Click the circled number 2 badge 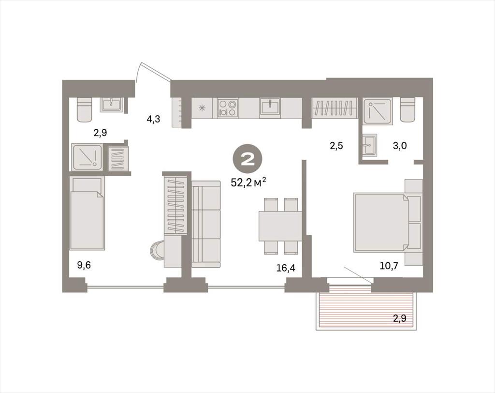pyautogui.click(x=248, y=161)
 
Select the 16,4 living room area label pyautogui.click(x=286, y=268)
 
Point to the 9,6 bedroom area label pyautogui.click(x=84, y=265)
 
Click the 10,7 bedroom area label pyautogui.click(x=389, y=266)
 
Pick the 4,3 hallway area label pyautogui.click(x=153, y=119)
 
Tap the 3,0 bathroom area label pyautogui.click(x=400, y=146)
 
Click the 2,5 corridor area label pyautogui.click(x=336, y=146)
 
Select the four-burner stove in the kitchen pyautogui.click(x=228, y=108)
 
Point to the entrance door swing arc pyautogui.click(x=138, y=72)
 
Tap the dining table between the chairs pyautogui.click(x=280, y=226)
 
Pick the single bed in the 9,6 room pyautogui.click(x=87, y=213)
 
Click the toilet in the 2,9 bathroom pyautogui.click(x=85, y=110)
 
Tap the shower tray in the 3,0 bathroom pyautogui.click(x=378, y=111)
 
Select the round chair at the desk pyautogui.click(x=157, y=251)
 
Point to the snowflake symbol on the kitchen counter pyautogui.click(x=202, y=108)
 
